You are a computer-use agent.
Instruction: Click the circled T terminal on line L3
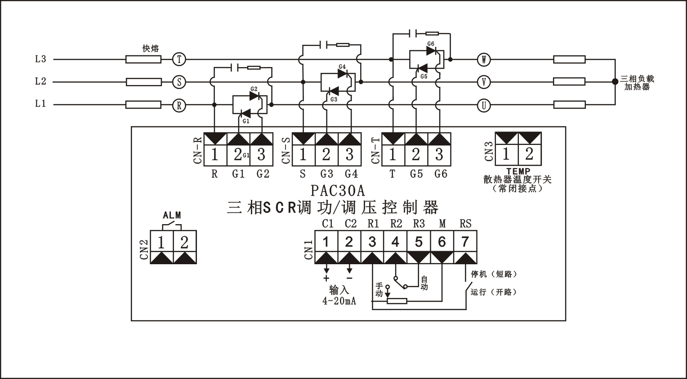click(179, 59)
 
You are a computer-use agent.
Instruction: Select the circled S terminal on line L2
click(179, 82)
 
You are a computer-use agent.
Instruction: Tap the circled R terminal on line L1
click(179, 105)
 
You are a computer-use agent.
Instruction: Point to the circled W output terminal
click(484, 59)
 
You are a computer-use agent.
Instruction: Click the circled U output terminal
click(484, 105)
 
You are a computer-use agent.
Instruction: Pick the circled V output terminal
click(484, 82)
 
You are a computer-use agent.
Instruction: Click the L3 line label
click(40, 59)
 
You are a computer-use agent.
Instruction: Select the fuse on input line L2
click(143, 82)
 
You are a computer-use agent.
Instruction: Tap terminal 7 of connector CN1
click(465, 242)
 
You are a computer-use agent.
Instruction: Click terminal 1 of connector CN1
click(326, 242)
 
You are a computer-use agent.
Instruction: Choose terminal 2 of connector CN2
click(184, 243)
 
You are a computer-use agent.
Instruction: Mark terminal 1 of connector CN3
click(506, 154)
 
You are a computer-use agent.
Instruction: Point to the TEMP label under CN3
click(518, 171)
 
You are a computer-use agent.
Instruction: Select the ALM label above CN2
click(172, 216)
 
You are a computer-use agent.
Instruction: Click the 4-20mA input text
click(339, 301)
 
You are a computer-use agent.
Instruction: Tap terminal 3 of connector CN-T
click(439, 154)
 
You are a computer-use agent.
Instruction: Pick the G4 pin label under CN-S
click(351, 174)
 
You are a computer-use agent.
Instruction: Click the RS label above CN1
click(465, 223)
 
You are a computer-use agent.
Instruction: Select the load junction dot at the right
click(615, 82)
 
